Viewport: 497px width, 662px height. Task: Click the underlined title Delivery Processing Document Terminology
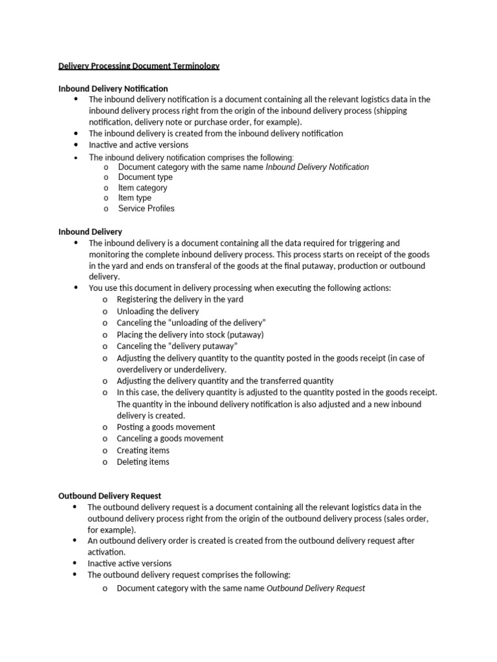point(138,66)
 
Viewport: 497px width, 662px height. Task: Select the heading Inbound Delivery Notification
point(113,88)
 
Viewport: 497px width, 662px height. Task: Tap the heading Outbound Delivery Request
point(109,496)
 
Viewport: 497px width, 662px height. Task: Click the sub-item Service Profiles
point(146,208)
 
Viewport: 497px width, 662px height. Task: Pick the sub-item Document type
point(145,177)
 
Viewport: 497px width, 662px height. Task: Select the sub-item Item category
point(142,187)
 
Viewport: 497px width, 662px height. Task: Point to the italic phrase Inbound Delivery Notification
point(317,167)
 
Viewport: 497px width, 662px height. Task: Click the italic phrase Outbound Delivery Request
point(316,588)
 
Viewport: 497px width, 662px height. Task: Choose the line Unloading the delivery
point(158,311)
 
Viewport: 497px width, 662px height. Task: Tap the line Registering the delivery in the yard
point(180,299)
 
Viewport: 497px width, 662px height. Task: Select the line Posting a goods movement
point(166,427)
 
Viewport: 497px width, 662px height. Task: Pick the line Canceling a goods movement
point(170,438)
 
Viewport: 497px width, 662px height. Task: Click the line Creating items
point(143,450)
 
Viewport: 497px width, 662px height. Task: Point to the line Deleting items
point(143,462)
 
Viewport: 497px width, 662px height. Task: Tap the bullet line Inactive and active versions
point(138,145)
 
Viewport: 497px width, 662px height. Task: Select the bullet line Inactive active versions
point(129,563)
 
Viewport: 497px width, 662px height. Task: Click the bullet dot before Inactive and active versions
point(76,145)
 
